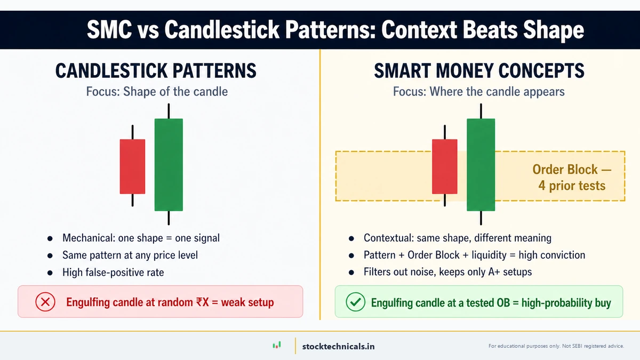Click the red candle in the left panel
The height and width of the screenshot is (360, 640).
pos(132,166)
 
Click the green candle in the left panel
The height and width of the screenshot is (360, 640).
pos(169,164)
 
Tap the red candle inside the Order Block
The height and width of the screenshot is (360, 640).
pos(444,166)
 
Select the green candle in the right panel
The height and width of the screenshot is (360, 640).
pos(481,164)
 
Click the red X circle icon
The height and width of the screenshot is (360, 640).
pos(45,302)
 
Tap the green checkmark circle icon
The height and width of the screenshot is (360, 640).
pos(355,302)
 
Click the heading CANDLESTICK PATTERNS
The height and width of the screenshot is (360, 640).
pos(156,71)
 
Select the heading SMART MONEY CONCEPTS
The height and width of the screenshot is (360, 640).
pos(479,71)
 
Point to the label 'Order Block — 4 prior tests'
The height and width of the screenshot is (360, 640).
pos(572,178)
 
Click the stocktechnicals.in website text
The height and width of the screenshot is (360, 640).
pos(338,346)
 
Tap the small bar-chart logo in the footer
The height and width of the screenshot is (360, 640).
pos(276,346)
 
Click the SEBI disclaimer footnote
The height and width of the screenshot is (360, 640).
pos(556,346)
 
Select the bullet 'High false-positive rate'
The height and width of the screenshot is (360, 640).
pos(113,272)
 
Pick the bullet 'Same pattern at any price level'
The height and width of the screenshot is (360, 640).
pos(130,255)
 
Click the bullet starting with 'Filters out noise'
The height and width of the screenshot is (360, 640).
pos(447,272)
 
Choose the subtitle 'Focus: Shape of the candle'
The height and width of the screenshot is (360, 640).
pos(157,91)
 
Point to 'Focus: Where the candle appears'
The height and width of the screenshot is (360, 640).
pos(478,91)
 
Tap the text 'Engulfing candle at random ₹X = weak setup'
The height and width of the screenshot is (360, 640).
pos(170,302)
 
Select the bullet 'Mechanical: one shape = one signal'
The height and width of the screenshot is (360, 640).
pos(141,238)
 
